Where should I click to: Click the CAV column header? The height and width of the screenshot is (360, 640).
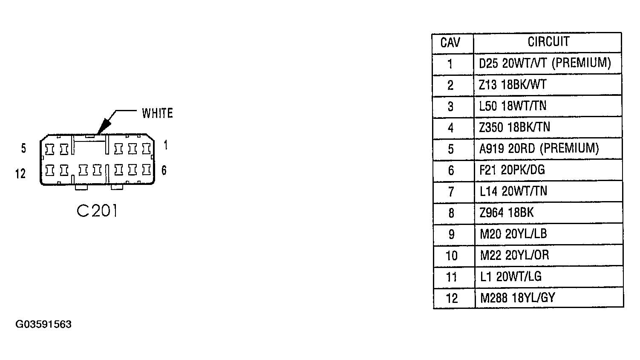pyautogui.click(x=450, y=43)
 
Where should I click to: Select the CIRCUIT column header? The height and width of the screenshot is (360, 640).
pyautogui.click(x=548, y=42)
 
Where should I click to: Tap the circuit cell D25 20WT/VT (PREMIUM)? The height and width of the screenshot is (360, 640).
pyautogui.click(x=545, y=63)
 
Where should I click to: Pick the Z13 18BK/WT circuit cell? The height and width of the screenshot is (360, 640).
pyautogui.click(x=513, y=85)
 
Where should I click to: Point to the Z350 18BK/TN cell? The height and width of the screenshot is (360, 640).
pyautogui.click(x=515, y=127)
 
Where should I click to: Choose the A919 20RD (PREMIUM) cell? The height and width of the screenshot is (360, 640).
pyautogui.click(x=539, y=149)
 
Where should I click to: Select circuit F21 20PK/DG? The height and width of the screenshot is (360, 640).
pyautogui.click(x=512, y=170)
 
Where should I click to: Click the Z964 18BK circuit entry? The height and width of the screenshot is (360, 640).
pyautogui.click(x=507, y=213)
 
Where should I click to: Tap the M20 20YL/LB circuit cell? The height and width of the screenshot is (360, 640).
pyautogui.click(x=513, y=234)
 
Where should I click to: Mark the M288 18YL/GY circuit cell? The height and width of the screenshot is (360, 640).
pyautogui.click(x=518, y=298)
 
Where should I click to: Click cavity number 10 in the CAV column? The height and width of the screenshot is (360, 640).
pyautogui.click(x=452, y=256)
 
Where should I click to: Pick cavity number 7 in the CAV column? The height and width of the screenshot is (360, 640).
pyautogui.click(x=451, y=191)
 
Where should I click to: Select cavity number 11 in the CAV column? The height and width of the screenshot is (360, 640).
pyautogui.click(x=452, y=277)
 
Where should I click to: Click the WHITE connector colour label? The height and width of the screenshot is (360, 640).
pyautogui.click(x=157, y=113)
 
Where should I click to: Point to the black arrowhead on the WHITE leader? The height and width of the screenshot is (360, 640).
pyautogui.click(x=104, y=126)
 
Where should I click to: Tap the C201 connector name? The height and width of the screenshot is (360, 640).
pyautogui.click(x=97, y=211)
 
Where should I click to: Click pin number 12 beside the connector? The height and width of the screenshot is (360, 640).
pyautogui.click(x=20, y=173)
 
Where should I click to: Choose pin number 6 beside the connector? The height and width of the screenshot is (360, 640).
pyautogui.click(x=164, y=170)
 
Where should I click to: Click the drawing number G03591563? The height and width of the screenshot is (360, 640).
pyautogui.click(x=43, y=324)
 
